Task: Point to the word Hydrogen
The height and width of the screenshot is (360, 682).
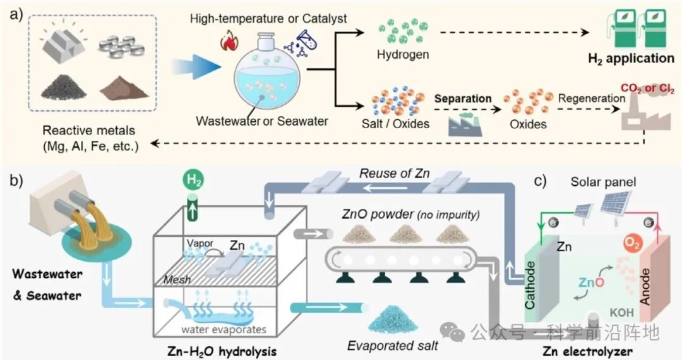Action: (x=403, y=55)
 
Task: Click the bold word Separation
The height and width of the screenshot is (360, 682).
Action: (x=462, y=99)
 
